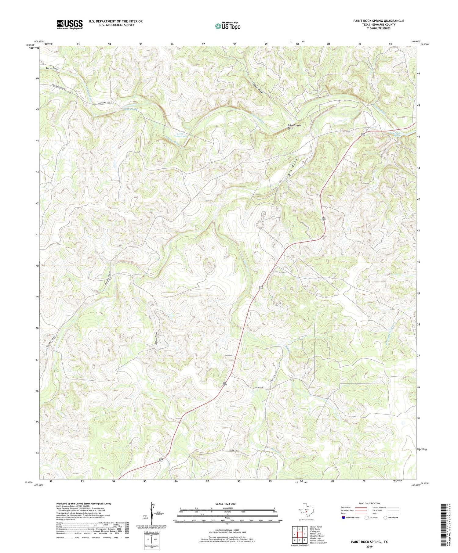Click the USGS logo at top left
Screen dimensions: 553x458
tap(70, 24)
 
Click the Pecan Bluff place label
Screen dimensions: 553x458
tap(52, 68)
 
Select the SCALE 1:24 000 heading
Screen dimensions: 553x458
tap(227, 504)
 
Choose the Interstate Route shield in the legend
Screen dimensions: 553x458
tap(344, 517)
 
